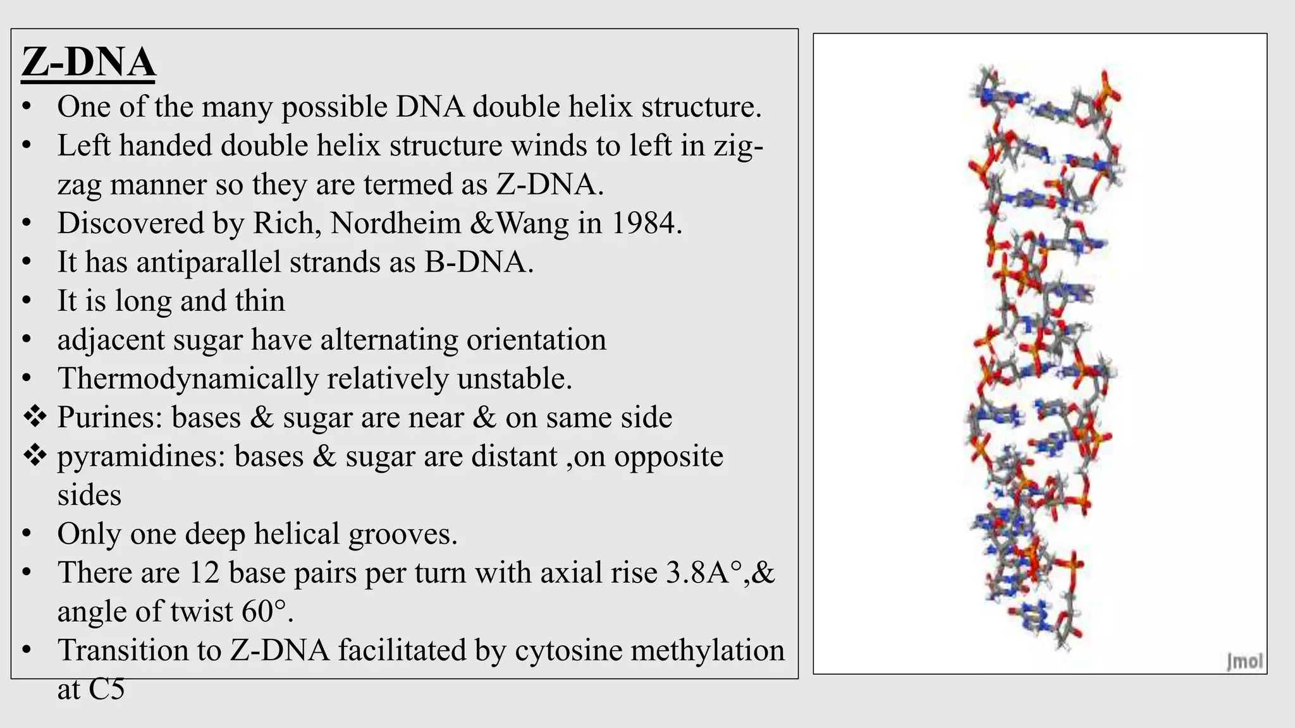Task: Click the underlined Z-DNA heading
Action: click(89, 63)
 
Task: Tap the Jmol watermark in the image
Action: click(1244, 661)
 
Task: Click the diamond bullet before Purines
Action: click(35, 417)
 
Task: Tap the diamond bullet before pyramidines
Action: click(35, 456)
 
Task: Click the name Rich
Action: click(286, 223)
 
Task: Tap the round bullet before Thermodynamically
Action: click(27, 379)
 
